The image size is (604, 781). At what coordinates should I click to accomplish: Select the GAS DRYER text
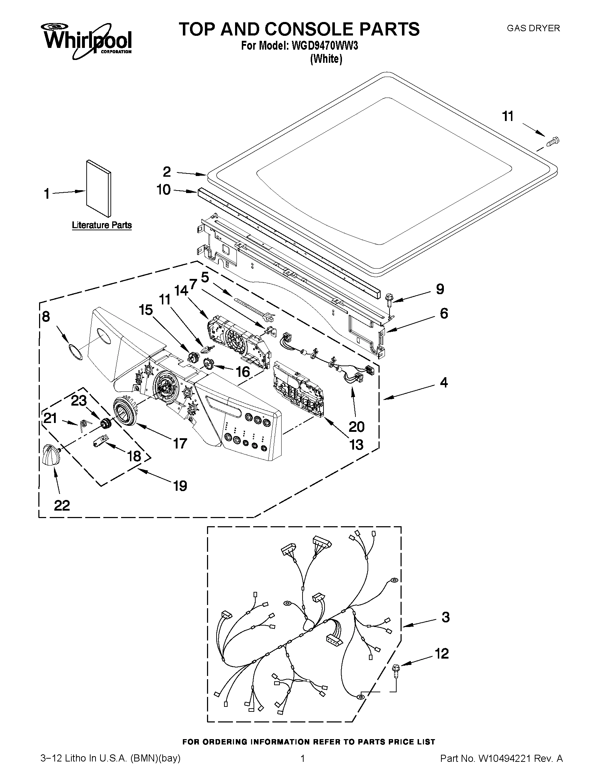point(533,28)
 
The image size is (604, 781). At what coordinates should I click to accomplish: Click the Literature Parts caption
point(102,225)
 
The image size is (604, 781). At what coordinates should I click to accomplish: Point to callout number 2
point(167,172)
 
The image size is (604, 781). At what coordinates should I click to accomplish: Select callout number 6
point(444,314)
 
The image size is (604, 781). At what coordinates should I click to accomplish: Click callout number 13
point(357,445)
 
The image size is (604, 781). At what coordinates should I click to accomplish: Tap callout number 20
point(357,426)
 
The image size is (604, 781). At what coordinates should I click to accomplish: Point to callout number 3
point(445,617)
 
